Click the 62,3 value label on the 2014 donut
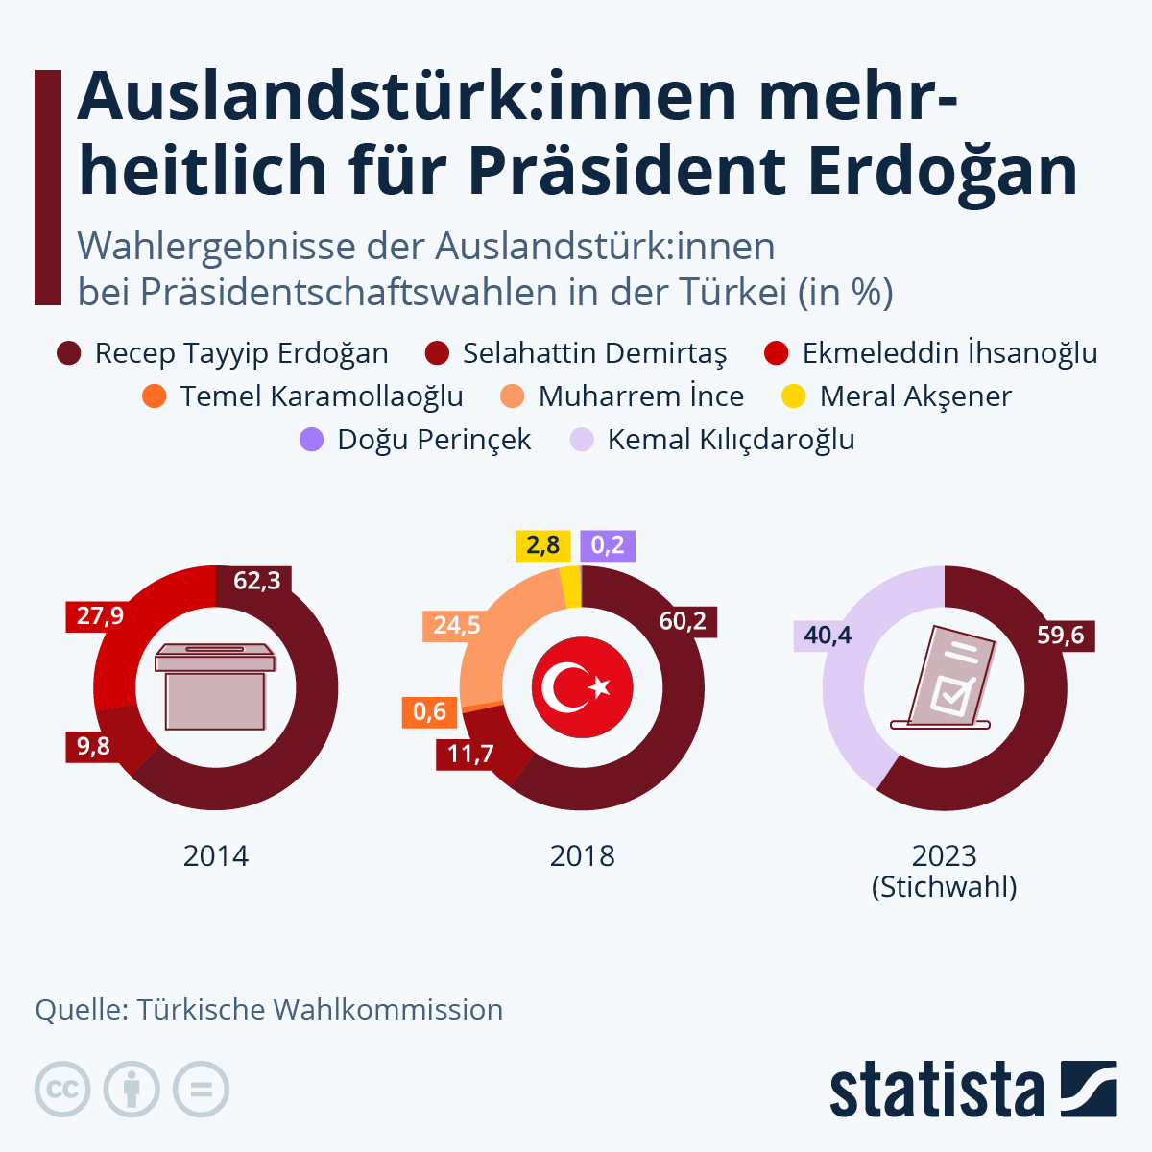point(257,581)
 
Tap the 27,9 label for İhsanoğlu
point(101,615)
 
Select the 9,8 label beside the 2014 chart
point(93,746)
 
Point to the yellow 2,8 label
point(542,545)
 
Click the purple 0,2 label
point(608,545)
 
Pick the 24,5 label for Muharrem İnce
point(456,626)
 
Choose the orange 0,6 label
point(429,711)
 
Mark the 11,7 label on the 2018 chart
point(470,754)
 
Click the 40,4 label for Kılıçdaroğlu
point(828,636)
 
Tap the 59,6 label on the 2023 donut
point(1061,636)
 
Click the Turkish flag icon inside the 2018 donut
point(583,687)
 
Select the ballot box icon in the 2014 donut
point(215,686)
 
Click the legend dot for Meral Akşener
point(794,396)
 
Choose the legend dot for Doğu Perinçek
point(312,440)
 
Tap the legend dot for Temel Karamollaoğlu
point(154,396)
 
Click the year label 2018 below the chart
point(583,855)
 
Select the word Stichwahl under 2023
point(945,886)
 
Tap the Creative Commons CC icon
point(62,1090)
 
